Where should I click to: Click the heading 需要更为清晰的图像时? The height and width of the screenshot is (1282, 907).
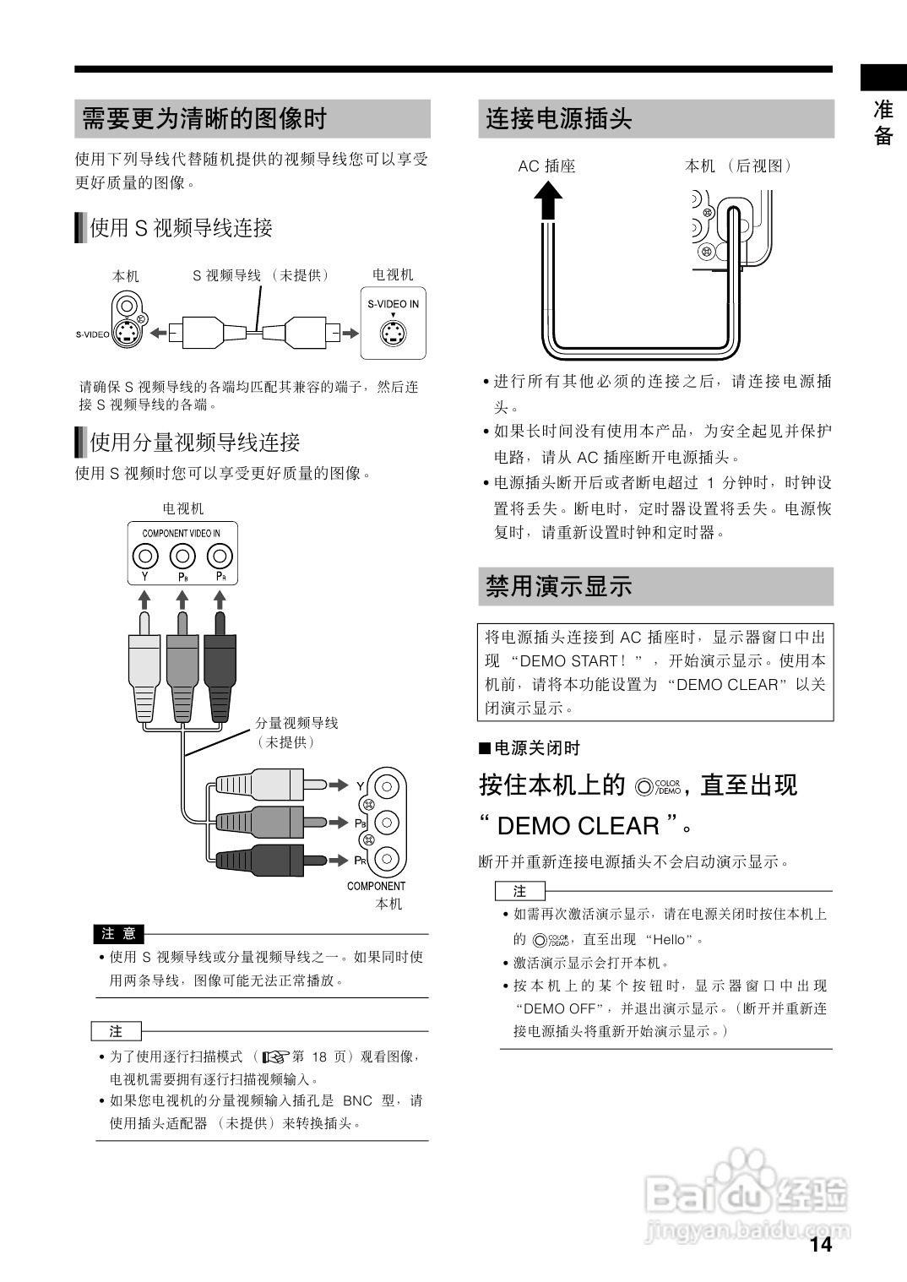pyautogui.click(x=204, y=119)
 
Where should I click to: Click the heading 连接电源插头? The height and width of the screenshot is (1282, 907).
pyautogui.click(x=558, y=119)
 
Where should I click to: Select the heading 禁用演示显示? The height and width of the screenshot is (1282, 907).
pyautogui.click(x=558, y=586)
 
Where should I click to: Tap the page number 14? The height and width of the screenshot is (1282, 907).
pyautogui.click(x=820, y=1244)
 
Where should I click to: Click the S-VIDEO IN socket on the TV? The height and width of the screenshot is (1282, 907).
pyautogui.click(x=393, y=334)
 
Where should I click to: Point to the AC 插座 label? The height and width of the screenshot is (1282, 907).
pyautogui.click(x=546, y=166)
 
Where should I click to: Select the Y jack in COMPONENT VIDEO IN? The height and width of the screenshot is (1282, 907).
pyautogui.click(x=145, y=557)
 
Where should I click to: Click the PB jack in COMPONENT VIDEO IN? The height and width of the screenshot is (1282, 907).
pyautogui.click(x=182, y=557)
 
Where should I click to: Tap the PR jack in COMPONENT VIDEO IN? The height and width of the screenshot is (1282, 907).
pyautogui.click(x=220, y=557)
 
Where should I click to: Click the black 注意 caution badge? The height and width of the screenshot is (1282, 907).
pyautogui.click(x=118, y=933)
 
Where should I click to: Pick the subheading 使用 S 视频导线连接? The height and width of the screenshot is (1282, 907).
pyautogui.click(x=182, y=228)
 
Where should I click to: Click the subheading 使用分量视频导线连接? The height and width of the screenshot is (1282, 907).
pyautogui.click(x=195, y=442)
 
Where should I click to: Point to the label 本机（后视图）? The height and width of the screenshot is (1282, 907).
pyautogui.click(x=738, y=166)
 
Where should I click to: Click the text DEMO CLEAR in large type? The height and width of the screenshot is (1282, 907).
pyautogui.click(x=578, y=825)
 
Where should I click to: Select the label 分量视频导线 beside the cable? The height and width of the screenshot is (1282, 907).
pyautogui.click(x=296, y=723)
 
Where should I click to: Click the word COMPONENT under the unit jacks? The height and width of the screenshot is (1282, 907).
pyautogui.click(x=376, y=886)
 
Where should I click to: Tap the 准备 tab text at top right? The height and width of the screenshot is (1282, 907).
pyautogui.click(x=883, y=122)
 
